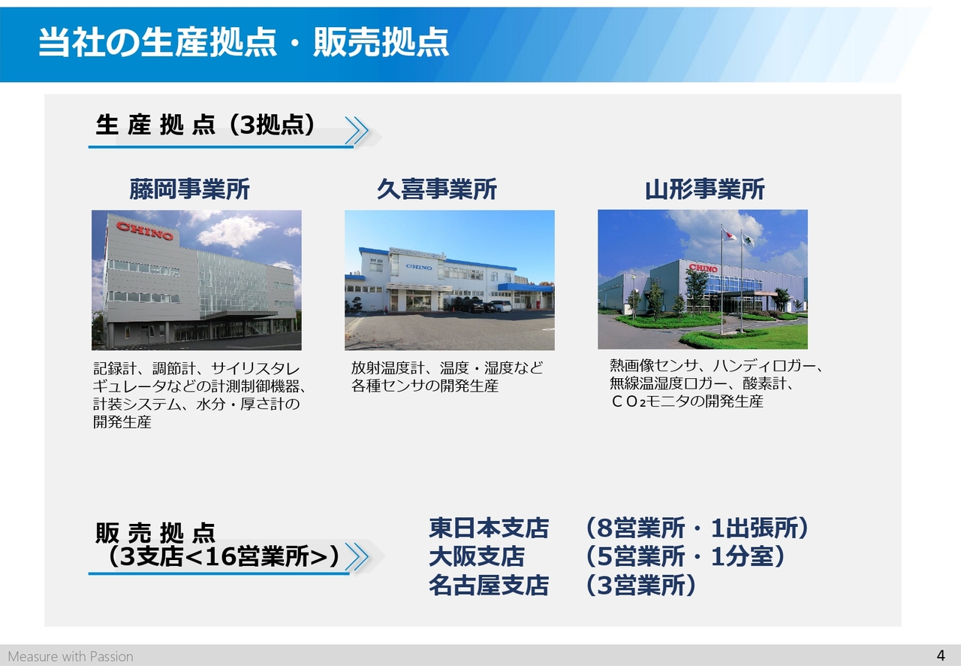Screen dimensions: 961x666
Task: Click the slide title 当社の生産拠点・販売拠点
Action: click(243, 42)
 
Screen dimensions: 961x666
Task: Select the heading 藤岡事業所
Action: click(189, 189)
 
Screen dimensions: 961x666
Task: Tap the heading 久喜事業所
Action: click(437, 189)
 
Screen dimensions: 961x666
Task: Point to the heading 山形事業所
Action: click(704, 189)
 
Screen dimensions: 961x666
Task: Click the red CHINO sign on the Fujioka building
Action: click(145, 231)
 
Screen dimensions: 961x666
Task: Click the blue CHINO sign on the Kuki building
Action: click(419, 268)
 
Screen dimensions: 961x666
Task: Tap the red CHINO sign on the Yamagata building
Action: click(703, 268)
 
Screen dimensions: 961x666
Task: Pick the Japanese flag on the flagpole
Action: click(729, 235)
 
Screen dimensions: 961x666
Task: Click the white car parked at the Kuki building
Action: click(500, 306)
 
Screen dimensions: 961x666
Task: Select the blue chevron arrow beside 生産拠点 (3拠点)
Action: click(357, 130)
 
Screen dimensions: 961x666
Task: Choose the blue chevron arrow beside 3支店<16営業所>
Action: click(357, 557)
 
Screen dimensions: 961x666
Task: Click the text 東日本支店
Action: click(489, 528)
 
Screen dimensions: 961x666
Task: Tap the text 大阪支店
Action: click(477, 556)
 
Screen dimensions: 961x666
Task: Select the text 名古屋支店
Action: click(489, 586)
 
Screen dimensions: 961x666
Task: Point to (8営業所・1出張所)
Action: click(697, 528)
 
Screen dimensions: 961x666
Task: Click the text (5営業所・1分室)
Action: click(685, 556)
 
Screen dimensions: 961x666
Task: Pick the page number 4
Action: click(941, 655)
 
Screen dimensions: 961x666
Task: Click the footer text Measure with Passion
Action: click(71, 656)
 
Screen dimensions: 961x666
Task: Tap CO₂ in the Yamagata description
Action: click(628, 401)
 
